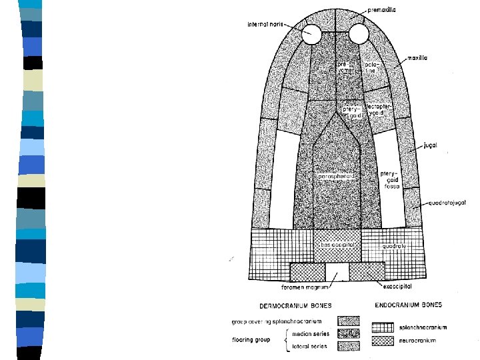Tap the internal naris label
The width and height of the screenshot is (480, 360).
[266, 25]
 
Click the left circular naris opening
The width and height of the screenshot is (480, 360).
[311, 33]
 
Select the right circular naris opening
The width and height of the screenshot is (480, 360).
[359, 33]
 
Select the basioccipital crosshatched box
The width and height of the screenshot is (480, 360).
[337, 245]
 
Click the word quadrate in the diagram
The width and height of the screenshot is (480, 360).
[395, 245]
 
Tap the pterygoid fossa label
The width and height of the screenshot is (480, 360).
[389, 180]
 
